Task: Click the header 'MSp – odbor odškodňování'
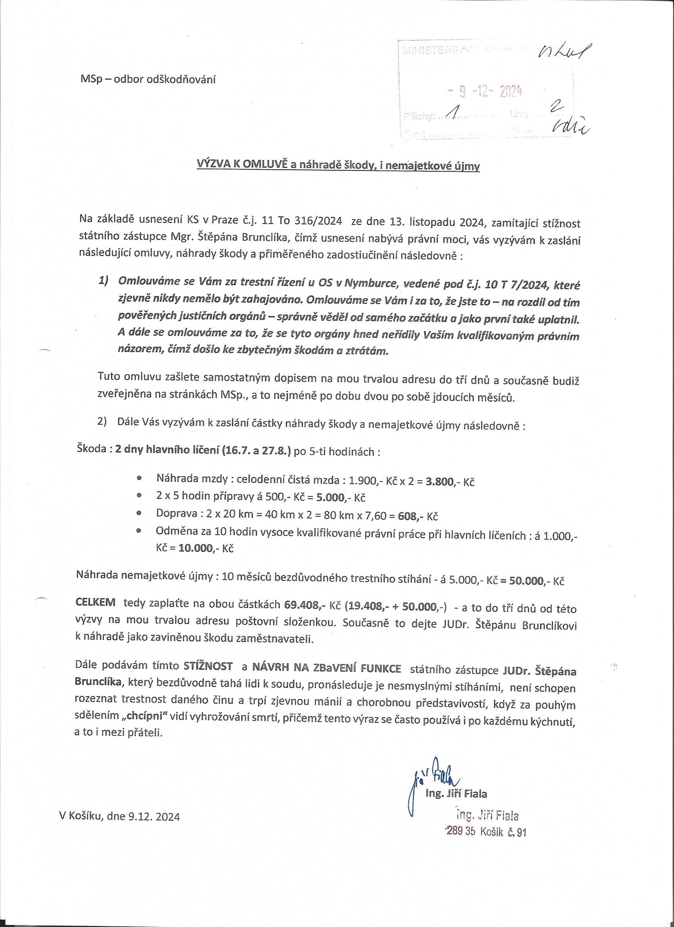click(x=148, y=79)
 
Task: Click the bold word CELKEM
click(x=96, y=603)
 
